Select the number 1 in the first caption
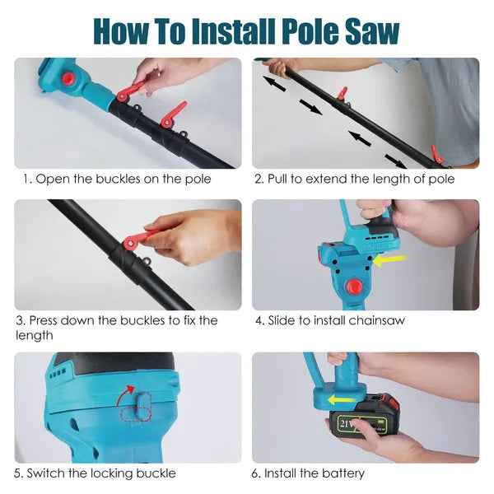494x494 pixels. [26, 179]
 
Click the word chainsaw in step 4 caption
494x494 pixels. [377, 320]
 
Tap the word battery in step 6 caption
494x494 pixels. [342, 473]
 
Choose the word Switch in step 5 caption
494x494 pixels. [48, 473]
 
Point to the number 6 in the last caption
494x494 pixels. [257, 473]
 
